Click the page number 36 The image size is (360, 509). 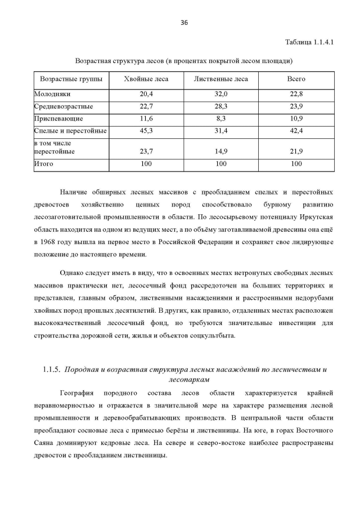point(183,22)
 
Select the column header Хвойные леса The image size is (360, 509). point(146,79)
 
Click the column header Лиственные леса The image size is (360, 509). point(220,79)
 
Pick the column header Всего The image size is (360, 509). point(296,79)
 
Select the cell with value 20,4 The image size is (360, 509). point(146,94)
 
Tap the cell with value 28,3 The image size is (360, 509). point(220,106)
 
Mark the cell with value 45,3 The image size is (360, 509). point(146,131)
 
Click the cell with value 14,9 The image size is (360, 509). point(220,151)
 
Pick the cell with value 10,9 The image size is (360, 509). point(296,119)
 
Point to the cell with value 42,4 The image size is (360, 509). point(296,131)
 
